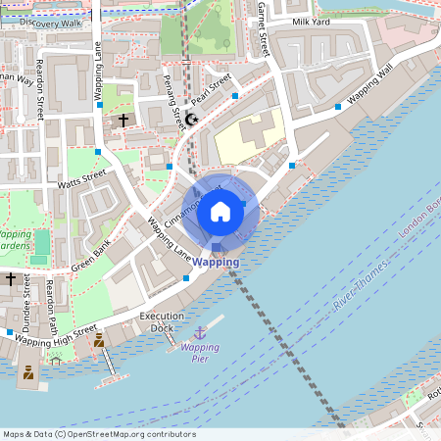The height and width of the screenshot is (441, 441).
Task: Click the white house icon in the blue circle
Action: coord(220,211)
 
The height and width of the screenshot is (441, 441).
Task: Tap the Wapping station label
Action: coord(216,263)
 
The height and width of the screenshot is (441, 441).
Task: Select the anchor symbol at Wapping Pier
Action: coord(200,334)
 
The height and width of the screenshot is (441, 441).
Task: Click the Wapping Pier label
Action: coord(200,353)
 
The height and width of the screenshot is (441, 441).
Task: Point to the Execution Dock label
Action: coord(161,322)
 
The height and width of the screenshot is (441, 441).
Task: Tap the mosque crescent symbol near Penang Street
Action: coord(191,119)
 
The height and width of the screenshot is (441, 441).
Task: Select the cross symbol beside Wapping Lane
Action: coord(122,120)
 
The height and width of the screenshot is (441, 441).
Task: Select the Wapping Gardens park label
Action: coord(14,241)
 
